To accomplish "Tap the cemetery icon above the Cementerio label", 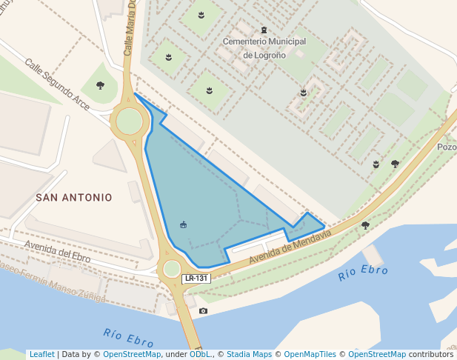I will (264, 30).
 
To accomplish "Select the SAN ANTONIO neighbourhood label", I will (74, 198).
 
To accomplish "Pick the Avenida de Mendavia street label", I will (289, 248).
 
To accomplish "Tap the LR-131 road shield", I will (196, 279).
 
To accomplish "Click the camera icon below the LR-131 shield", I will (204, 311).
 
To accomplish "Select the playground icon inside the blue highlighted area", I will (183, 225).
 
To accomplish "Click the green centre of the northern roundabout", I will (129, 121).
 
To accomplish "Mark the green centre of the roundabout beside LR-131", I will (172, 268).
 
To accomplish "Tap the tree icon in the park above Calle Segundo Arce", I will (100, 86).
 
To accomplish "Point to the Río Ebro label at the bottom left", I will (128, 337).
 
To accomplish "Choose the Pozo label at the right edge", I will (447, 147).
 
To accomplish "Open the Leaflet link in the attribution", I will (41, 354).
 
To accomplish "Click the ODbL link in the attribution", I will (199, 354).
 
